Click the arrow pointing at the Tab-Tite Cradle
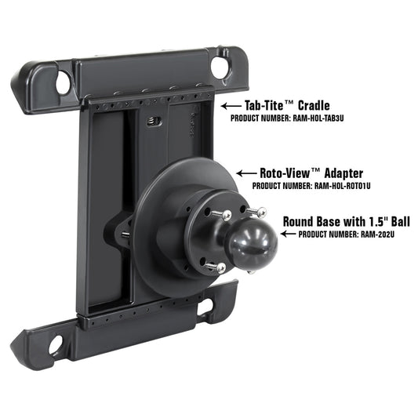[230, 106]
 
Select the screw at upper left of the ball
[227, 214]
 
